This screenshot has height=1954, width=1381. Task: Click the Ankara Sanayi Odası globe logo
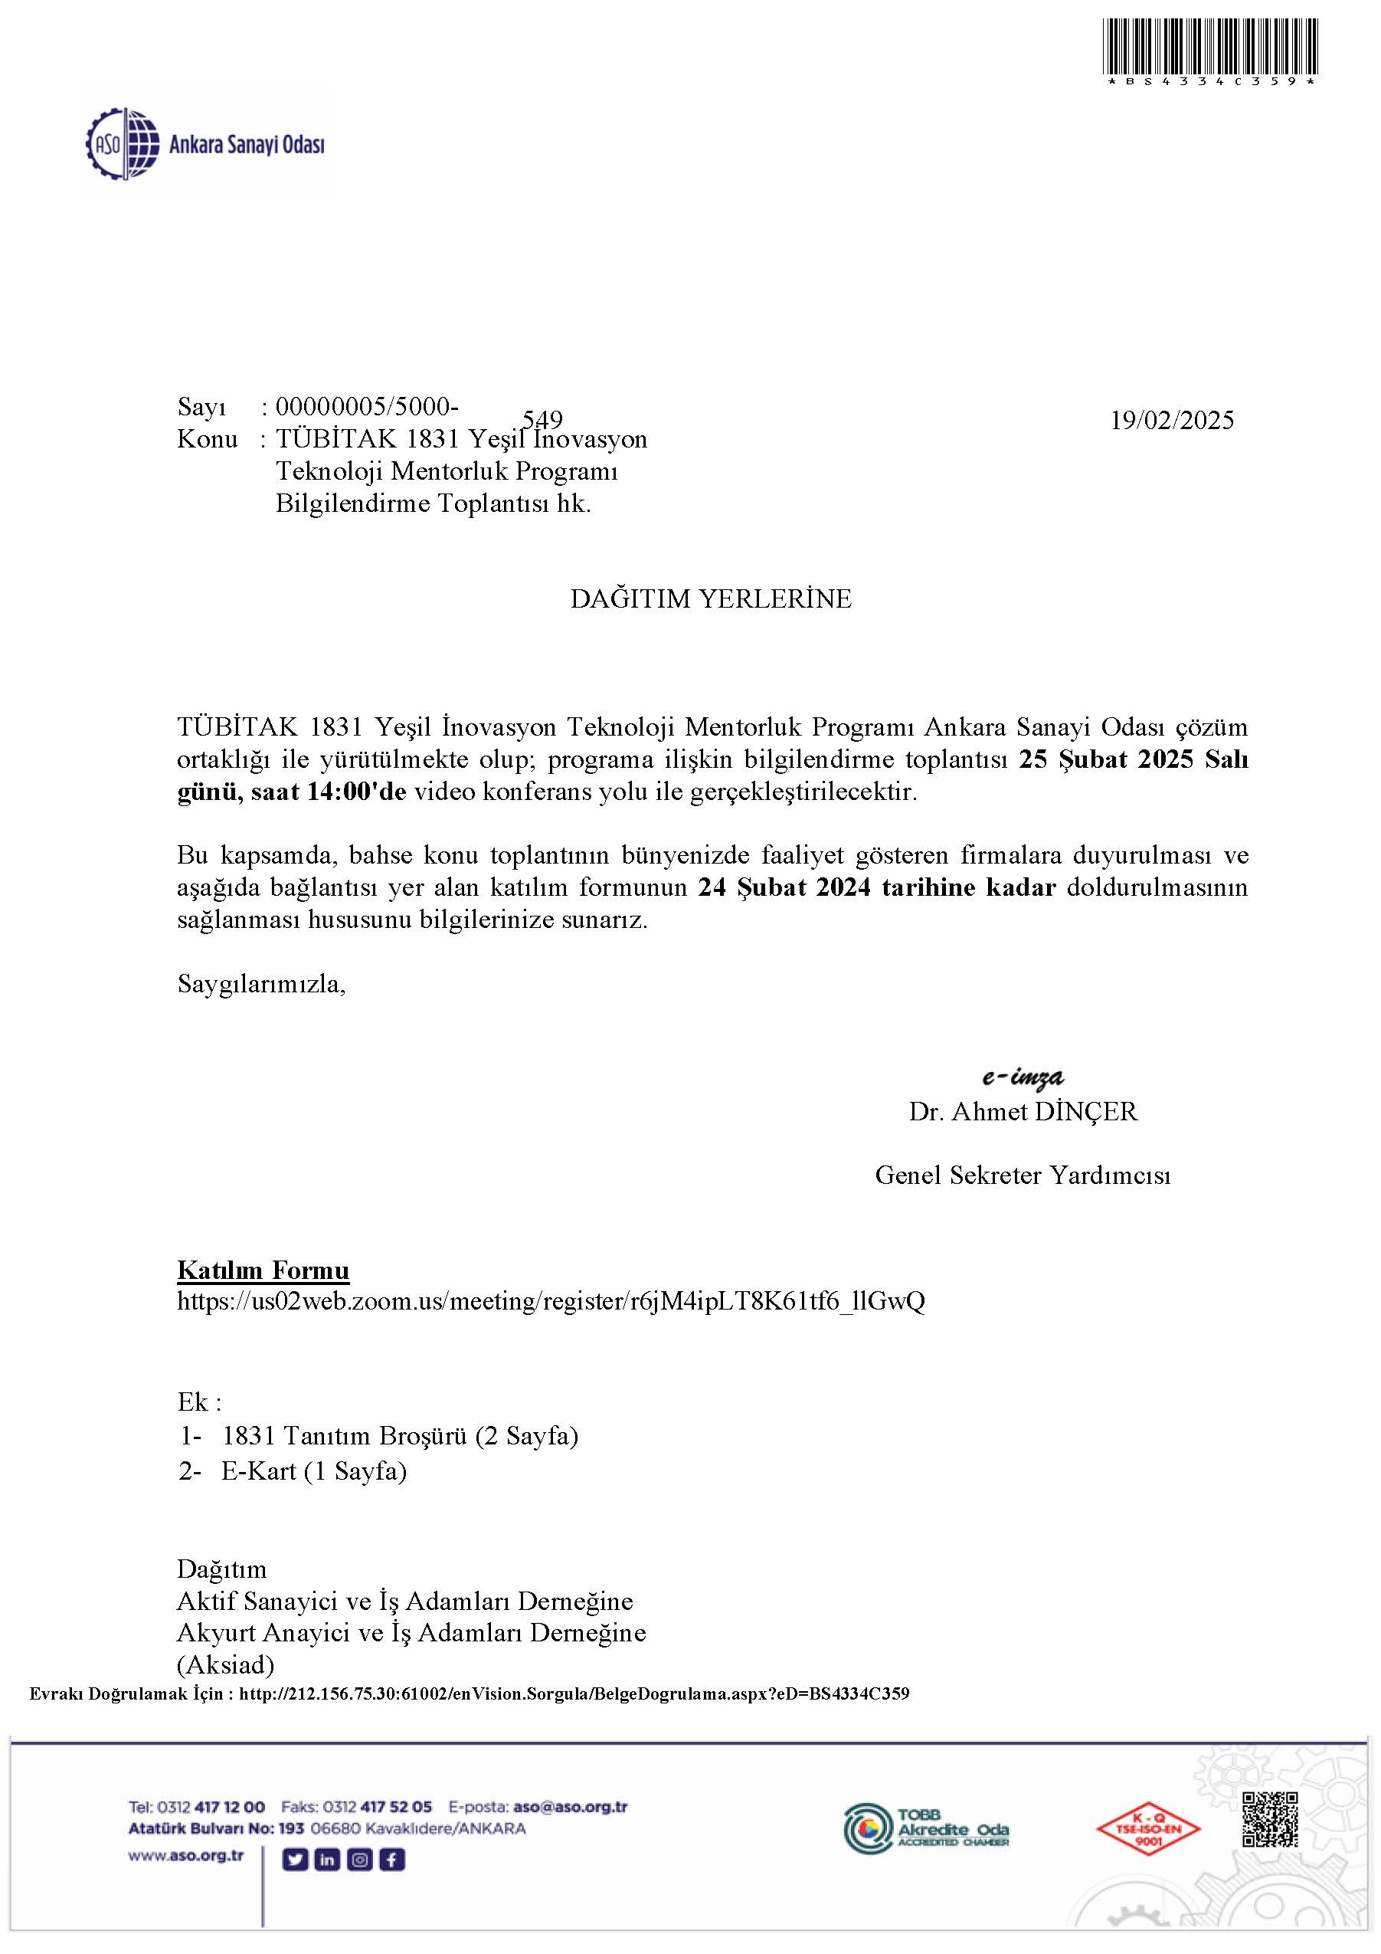coord(123,144)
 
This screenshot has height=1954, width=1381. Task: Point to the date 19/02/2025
coord(1171,421)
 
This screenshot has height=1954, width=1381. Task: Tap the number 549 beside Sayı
coord(542,420)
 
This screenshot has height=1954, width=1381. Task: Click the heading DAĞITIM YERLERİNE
coord(711,599)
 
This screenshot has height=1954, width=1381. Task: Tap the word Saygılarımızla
coord(261,985)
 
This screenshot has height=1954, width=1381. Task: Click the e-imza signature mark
coord(1022,1077)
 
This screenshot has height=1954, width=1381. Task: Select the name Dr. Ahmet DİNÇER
coord(1022,1111)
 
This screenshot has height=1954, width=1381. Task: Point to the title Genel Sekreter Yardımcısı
coord(1022,1175)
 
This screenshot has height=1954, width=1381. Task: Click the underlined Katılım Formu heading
coord(263,1270)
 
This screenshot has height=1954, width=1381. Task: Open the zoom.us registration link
coord(551,1301)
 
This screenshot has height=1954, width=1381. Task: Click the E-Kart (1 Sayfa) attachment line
coord(313,1471)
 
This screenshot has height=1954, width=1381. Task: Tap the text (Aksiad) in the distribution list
coord(225,1664)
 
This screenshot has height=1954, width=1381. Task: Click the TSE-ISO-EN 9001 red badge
coord(1148,1829)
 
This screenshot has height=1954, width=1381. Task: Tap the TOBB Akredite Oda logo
coord(926,1828)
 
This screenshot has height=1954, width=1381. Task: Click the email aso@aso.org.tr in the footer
coord(571,1807)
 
